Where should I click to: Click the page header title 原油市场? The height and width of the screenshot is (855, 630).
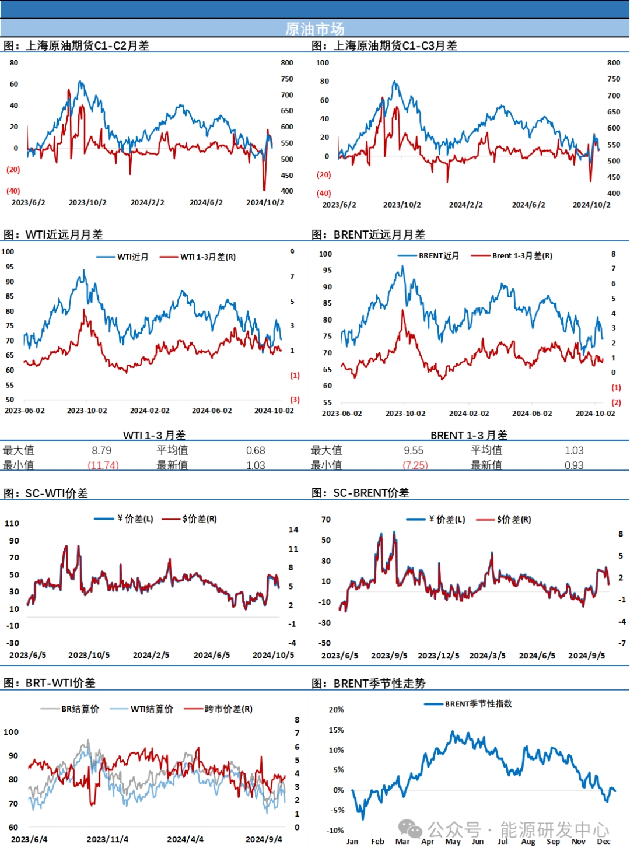click(x=314, y=29)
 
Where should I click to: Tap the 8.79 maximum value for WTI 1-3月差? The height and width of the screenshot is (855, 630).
click(x=101, y=450)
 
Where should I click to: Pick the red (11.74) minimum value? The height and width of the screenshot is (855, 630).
click(x=103, y=465)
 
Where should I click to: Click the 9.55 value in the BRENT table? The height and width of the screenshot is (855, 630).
click(x=414, y=450)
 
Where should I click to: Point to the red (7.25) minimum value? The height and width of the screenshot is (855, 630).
click(x=415, y=465)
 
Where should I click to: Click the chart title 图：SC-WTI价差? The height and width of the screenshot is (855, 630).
click(x=45, y=493)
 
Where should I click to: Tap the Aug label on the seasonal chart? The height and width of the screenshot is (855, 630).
click(x=528, y=841)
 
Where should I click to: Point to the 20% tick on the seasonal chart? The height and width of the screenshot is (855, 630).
click(x=337, y=710)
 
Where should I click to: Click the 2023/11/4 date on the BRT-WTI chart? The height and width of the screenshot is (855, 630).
click(x=107, y=839)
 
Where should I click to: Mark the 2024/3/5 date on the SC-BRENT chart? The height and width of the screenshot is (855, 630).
click(x=488, y=656)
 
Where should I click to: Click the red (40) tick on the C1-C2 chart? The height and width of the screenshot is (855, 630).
click(x=13, y=191)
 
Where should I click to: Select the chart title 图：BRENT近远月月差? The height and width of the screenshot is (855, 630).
click(x=368, y=234)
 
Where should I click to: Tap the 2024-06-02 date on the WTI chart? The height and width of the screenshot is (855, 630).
click(x=212, y=411)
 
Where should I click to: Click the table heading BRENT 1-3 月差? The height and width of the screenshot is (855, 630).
click(x=469, y=435)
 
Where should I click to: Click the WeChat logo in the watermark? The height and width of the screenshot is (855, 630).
click(x=410, y=828)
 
